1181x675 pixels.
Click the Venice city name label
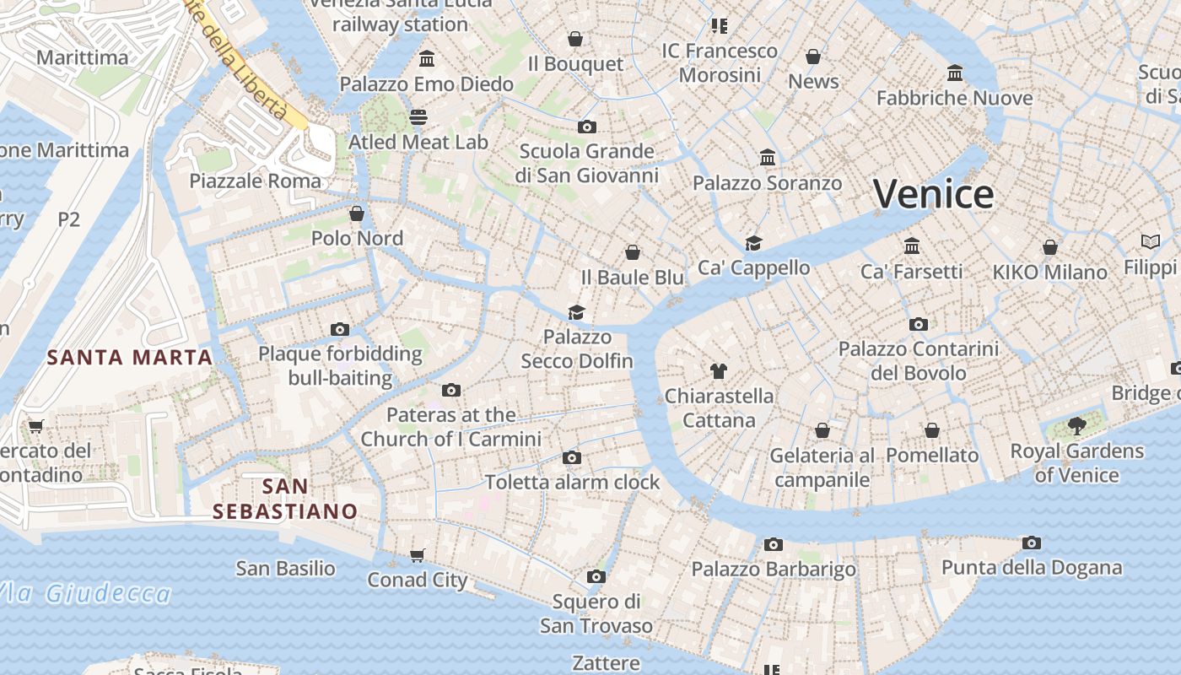(933, 194)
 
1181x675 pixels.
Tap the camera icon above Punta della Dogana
(1031, 543)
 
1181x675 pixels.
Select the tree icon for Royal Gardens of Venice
(1076, 426)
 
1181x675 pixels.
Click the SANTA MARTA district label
(130, 357)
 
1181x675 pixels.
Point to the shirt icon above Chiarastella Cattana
(718, 370)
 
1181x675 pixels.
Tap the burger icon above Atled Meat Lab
(418, 117)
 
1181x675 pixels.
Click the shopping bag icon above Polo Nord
(357, 213)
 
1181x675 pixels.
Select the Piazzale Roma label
(255, 181)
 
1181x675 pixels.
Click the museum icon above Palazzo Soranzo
(767, 158)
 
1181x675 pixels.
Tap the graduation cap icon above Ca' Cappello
(753, 243)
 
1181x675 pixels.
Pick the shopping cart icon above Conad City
(417, 555)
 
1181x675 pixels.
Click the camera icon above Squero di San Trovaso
(596, 577)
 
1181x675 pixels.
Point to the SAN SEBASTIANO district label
(285, 499)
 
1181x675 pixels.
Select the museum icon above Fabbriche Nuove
(954, 73)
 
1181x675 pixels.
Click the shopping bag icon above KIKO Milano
(1049, 247)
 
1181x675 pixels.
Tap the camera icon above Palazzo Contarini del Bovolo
(918, 324)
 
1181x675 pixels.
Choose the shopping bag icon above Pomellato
(931, 430)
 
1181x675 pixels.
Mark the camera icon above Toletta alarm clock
(572, 458)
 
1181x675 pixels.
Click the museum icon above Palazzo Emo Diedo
(427, 59)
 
